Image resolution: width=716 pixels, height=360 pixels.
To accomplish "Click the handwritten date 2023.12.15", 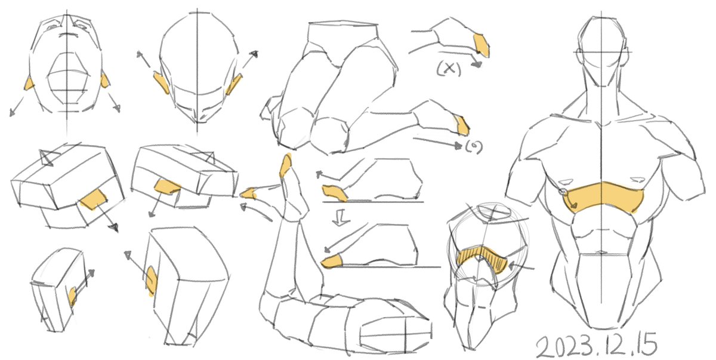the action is click(x=596, y=345).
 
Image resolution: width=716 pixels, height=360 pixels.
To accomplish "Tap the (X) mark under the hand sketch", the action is click(x=449, y=69).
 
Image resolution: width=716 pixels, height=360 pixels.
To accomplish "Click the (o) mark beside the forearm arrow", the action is click(x=474, y=147).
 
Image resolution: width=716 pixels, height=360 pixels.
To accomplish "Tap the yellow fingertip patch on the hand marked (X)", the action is click(x=482, y=45).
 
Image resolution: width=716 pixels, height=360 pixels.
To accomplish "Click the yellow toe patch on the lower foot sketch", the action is click(x=332, y=261).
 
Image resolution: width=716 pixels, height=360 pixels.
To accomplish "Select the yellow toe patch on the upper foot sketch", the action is click(x=334, y=193).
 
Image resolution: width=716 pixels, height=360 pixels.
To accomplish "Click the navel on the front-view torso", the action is click(x=601, y=253).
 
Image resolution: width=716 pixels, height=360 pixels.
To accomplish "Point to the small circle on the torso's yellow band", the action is click(x=563, y=192).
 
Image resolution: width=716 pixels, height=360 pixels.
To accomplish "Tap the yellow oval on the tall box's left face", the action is click(x=152, y=281).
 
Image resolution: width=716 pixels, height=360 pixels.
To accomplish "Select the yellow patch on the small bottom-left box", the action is click(x=72, y=296).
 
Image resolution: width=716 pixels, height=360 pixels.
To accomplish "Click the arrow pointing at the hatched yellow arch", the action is click(x=521, y=266).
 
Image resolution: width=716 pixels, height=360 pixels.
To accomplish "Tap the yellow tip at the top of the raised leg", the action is click(x=286, y=165).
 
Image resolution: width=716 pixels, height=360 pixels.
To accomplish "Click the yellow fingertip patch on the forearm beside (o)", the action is click(x=462, y=125).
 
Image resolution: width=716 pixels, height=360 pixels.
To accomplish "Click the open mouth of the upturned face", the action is click(x=68, y=79).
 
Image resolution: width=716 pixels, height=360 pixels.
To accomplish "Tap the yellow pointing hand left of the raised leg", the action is click(x=249, y=193).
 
